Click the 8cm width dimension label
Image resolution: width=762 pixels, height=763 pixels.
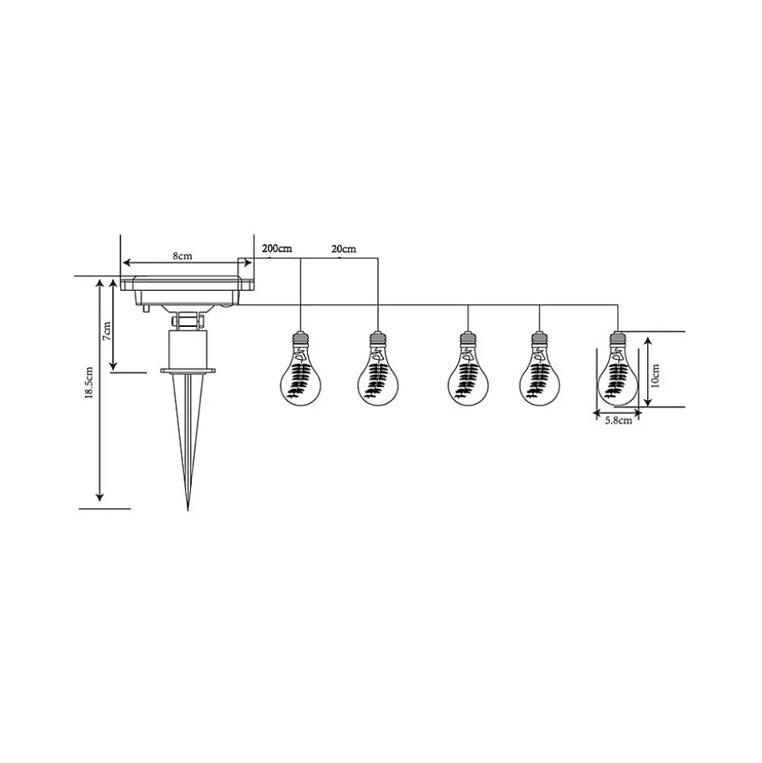182,256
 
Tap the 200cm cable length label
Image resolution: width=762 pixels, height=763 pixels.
277,248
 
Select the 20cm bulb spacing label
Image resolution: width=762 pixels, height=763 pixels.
343,248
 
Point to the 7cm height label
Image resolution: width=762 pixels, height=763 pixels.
107,331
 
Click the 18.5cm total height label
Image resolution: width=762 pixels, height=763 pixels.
89,383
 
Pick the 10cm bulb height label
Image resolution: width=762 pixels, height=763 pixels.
655,375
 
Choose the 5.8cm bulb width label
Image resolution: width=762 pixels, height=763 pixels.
618,420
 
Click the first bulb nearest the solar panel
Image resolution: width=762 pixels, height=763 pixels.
301,369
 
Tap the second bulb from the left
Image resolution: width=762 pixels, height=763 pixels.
378,369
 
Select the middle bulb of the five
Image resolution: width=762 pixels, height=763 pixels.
468,369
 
